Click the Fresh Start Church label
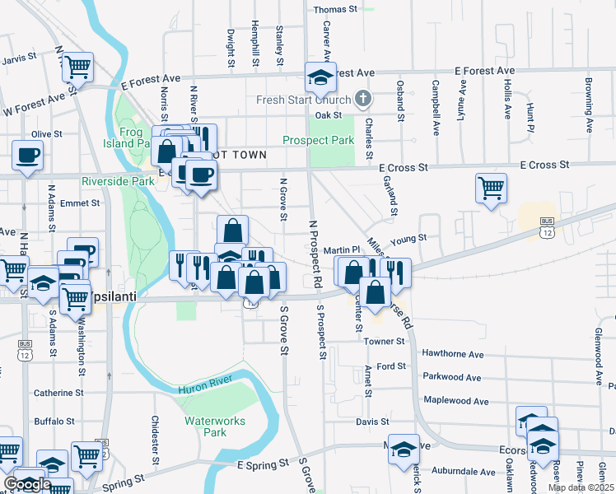pos(304,100)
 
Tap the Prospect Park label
pos(318,140)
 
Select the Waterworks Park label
pos(204,426)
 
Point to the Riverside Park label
pos(118,180)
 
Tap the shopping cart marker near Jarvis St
pos(77,67)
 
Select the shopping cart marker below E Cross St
pos(491,188)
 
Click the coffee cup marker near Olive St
pos(27,155)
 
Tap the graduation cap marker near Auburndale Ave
pos(404,449)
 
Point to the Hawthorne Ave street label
pos(452,353)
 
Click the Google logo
pos(27,484)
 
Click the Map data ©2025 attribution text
pos(581,487)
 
